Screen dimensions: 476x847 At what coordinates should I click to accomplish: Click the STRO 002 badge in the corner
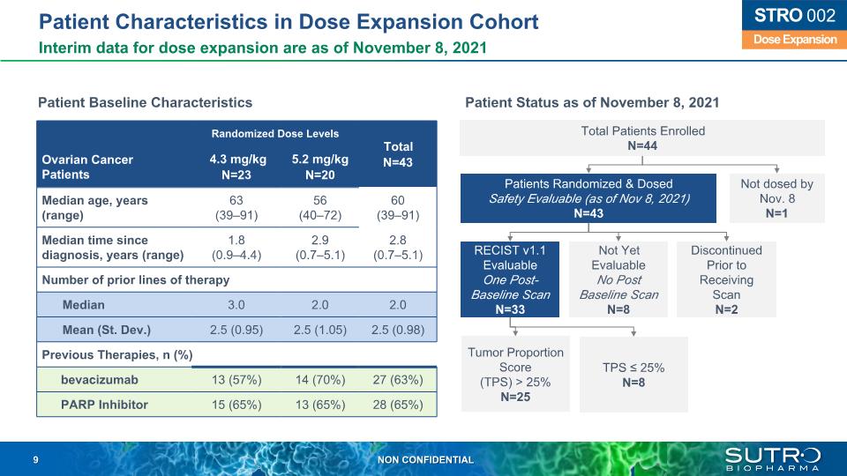tap(790, 15)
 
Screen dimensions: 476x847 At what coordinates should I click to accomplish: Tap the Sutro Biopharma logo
tap(772, 458)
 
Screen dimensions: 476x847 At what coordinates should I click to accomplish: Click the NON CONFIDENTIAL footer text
tap(425, 460)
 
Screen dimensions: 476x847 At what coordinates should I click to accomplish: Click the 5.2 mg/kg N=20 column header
tap(320, 167)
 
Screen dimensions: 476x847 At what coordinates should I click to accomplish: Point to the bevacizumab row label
tap(99, 380)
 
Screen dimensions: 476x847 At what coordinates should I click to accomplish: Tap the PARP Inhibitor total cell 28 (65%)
tap(398, 405)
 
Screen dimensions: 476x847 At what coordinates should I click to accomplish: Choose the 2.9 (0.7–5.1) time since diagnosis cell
tap(320, 248)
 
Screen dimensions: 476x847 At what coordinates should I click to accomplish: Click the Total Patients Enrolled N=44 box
tap(642, 138)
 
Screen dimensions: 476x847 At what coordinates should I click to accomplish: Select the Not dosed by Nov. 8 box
tap(776, 197)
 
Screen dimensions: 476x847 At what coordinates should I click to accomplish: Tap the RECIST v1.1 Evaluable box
tap(511, 279)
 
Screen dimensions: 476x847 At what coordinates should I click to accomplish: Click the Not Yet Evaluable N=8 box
tap(618, 279)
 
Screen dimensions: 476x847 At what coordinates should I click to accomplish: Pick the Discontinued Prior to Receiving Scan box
tap(726, 279)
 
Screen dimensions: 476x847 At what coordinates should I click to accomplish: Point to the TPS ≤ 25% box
tap(633, 375)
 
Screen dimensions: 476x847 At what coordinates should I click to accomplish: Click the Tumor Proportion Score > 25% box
tap(515, 374)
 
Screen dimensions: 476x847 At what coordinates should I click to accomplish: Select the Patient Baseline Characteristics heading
tap(145, 103)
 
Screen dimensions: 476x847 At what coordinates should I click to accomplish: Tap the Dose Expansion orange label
tap(790, 40)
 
